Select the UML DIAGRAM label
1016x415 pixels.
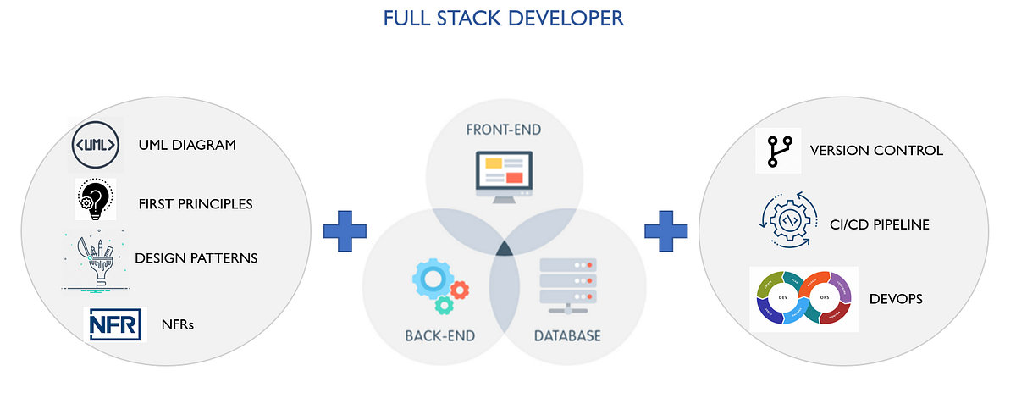tap(186, 145)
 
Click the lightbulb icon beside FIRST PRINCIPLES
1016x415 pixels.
tap(94, 200)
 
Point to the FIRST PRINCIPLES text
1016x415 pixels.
tap(196, 204)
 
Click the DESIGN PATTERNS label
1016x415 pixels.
tap(196, 257)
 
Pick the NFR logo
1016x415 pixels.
tap(116, 324)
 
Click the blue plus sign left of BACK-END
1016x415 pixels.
tap(345, 230)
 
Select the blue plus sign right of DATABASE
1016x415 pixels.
tap(665, 230)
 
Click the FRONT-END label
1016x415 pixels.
tap(503, 131)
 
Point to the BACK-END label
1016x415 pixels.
tap(439, 335)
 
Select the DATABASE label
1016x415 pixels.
tap(566, 335)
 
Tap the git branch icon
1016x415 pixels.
tap(777, 151)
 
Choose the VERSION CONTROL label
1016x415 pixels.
tap(876, 151)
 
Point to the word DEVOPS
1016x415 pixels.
tap(896, 299)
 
